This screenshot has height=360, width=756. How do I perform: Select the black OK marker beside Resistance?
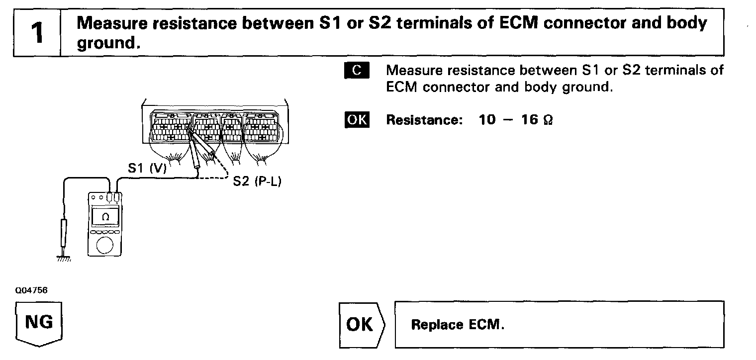click(357, 120)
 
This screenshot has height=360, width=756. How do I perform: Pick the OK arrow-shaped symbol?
click(361, 324)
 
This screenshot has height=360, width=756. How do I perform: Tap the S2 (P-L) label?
click(257, 182)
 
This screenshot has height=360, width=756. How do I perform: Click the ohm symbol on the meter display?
click(105, 217)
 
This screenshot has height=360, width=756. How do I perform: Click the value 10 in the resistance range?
click(487, 120)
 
